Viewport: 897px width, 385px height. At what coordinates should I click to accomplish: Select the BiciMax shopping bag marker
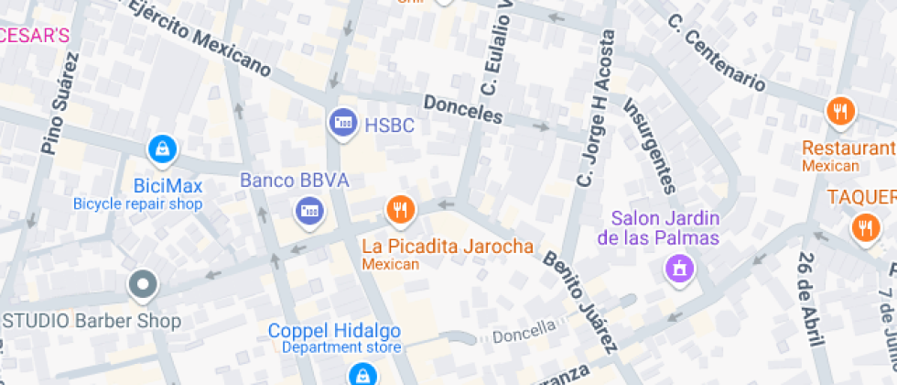click(x=162, y=149)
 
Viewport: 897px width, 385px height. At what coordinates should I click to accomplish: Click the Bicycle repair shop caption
click(x=137, y=204)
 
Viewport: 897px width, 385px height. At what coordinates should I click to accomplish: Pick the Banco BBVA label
click(x=295, y=181)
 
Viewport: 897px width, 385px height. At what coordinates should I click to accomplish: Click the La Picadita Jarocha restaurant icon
click(x=398, y=211)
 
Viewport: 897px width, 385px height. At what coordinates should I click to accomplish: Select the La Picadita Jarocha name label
click(x=448, y=247)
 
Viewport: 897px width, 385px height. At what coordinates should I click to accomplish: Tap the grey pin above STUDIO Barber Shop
click(x=143, y=285)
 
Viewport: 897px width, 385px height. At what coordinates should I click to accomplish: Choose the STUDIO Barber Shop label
click(x=92, y=321)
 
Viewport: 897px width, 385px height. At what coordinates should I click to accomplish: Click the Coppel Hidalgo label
click(x=334, y=330)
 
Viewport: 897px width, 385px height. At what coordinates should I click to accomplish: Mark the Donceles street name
click(x=463, y=110)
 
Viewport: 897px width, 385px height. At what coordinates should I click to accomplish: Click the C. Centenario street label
click(x=715, y=53)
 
